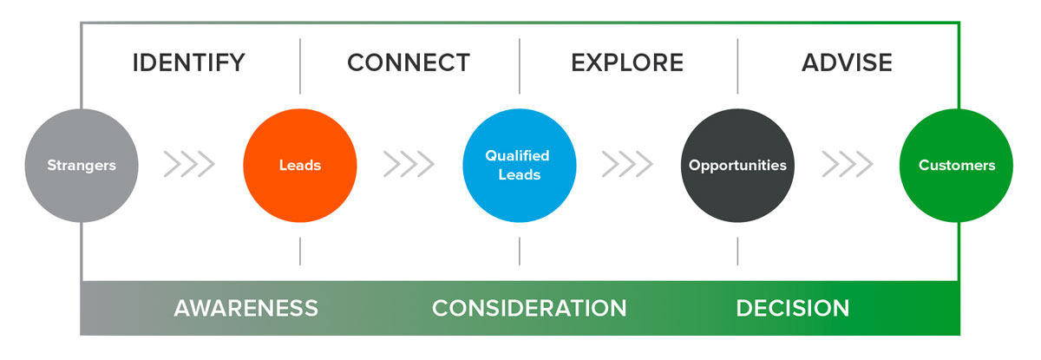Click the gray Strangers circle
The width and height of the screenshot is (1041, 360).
(82, 166)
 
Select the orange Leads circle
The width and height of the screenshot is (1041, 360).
(300, 166)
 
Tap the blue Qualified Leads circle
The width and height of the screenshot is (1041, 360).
(520, 166)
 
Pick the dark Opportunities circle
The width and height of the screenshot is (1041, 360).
(737, 166)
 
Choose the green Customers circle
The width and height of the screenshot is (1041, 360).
(956, 166)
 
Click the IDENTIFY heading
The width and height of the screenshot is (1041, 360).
(189, 62)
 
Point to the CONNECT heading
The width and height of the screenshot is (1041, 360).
(409, 62)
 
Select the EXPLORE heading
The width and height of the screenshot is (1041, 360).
(627, 62)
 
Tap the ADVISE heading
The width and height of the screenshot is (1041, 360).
(847, 62)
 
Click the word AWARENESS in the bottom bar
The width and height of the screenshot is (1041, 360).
(246, 308)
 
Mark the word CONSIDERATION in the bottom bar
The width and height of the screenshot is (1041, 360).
(529, 308)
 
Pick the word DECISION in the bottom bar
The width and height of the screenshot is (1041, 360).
(793, 308)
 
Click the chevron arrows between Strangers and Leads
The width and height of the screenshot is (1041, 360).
(190, 164)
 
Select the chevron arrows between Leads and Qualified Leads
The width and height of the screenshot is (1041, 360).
(409, 164)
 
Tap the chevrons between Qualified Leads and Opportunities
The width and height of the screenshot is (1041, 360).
(627, 164)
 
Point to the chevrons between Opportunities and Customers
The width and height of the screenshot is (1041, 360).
(848, 164)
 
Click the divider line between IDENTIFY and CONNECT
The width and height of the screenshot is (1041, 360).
(300, 67)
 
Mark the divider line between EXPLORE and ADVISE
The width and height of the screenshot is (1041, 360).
(737, 67)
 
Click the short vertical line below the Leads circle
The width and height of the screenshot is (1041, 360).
(300, 252)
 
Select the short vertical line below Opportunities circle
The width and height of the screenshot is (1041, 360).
(737, 252)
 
